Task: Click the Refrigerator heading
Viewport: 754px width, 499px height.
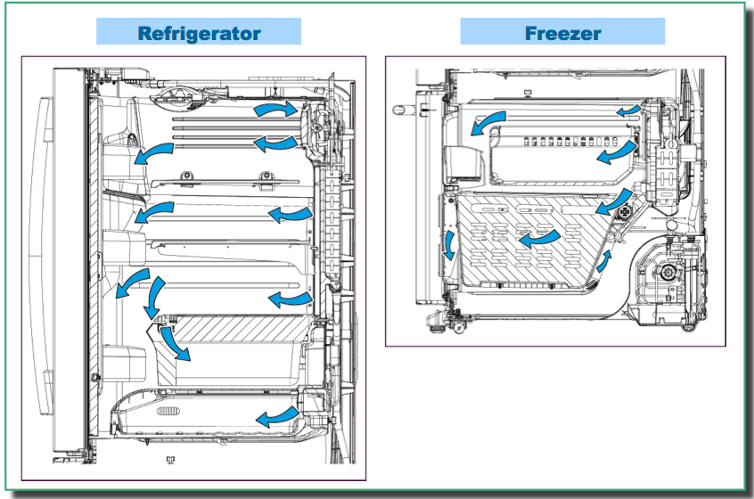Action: (199, 33)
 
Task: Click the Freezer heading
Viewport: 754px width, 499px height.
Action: (562, 34)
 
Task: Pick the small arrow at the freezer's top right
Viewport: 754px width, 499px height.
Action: (627, 110)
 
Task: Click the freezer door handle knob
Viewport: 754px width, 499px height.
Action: (399, 108)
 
